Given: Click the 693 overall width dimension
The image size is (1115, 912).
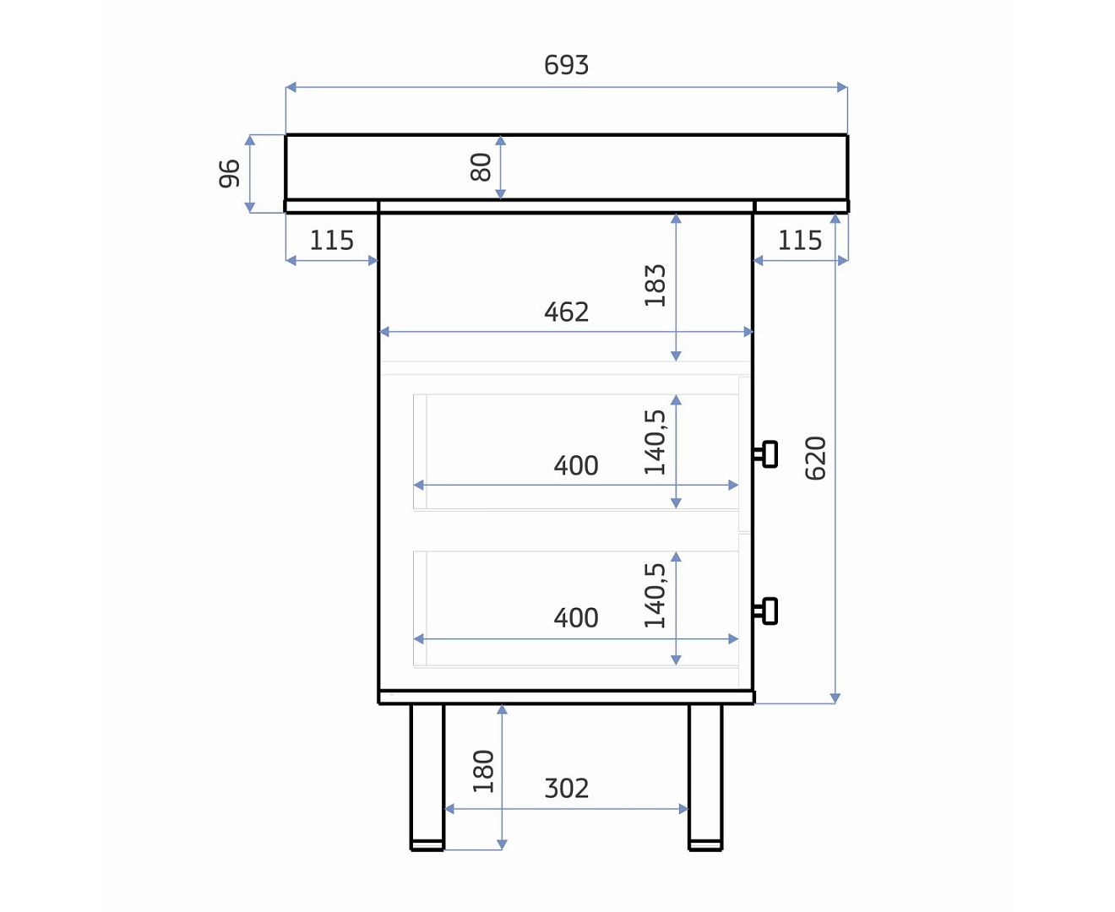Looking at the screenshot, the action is (x=566, y=65).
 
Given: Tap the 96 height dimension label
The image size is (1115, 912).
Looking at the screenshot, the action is (x=230, y=173).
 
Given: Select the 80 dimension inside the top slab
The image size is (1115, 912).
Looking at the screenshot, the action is (x=481, y=167).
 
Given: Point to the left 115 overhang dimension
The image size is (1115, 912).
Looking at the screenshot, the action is (x=331, y=241).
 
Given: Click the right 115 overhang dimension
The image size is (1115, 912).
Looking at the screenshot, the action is (x=800, y=241).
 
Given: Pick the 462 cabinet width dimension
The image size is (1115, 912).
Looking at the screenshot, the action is (x=566, y=312).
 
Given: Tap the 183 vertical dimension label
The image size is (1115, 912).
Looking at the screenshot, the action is (x=655, y=285).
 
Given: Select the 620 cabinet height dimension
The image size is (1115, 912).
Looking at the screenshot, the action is (x=815, y=458).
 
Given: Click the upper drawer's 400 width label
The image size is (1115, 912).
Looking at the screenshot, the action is (x=576, y=466).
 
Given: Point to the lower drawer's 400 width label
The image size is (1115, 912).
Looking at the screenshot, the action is (x=576, y=617).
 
